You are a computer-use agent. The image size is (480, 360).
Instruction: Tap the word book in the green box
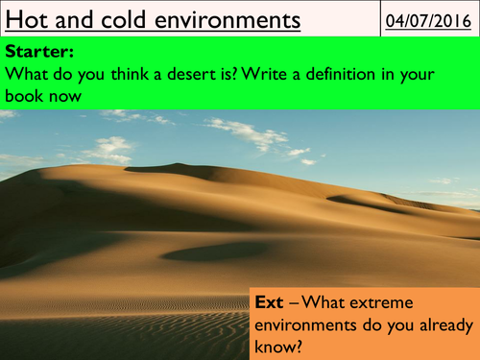[28, 95]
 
